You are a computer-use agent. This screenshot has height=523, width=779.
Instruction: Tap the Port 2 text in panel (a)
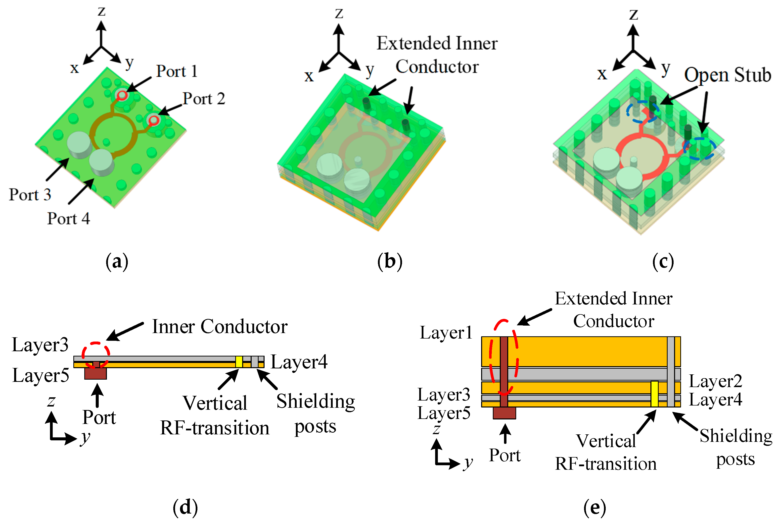204,99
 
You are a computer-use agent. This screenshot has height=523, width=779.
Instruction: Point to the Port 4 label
68,219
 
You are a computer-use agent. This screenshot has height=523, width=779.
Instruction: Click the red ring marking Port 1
122,95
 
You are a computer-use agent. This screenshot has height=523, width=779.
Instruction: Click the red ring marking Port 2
154,120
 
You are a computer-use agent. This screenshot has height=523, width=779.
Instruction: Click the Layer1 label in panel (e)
446,333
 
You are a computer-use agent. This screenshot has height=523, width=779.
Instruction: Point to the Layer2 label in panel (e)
715,381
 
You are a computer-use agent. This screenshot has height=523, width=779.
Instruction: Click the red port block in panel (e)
504,413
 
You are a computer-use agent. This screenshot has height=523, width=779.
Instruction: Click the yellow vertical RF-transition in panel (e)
654,394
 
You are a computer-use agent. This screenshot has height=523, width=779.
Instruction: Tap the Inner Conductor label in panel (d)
220,327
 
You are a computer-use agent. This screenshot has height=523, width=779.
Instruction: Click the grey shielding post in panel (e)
670,372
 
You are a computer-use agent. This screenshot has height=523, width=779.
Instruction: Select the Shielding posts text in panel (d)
315,414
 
